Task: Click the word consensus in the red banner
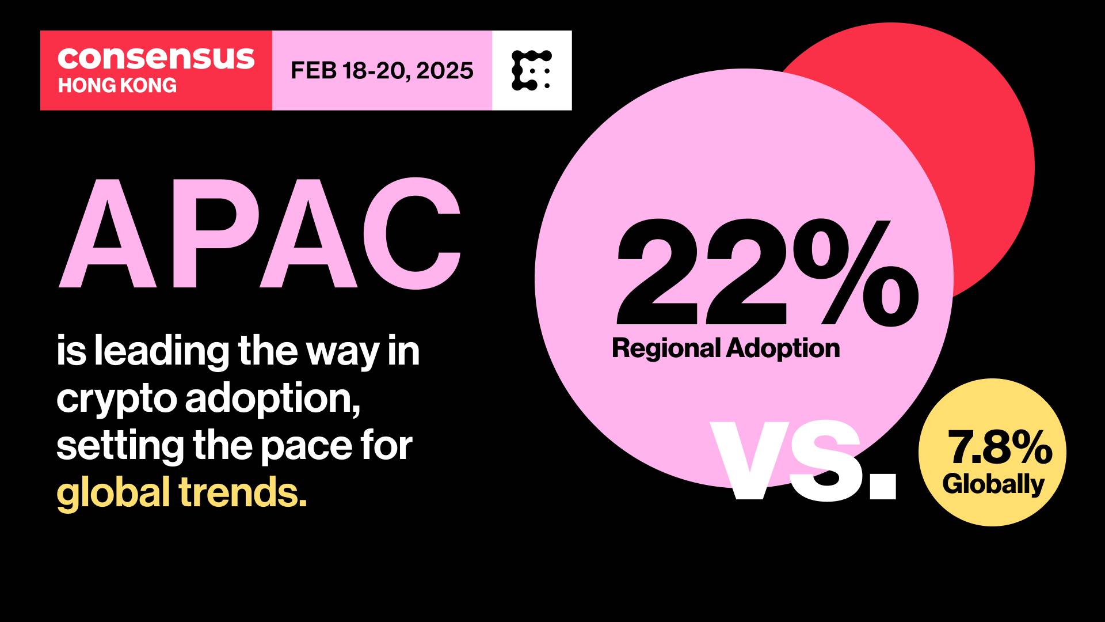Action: point(156,58)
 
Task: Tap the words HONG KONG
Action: point(117,85)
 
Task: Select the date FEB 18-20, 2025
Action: point(382,70)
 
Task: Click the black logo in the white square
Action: point(531,70)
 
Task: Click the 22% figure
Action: point(767,272)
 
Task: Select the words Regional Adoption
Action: point(726,348)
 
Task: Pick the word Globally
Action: point(993,484)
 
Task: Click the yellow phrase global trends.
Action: point(182,493)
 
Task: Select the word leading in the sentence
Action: point(162,351)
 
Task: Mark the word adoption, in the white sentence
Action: point(273,399)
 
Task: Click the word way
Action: point(342,353)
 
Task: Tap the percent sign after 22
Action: point(856,273)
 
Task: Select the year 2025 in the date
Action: point(445,70)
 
